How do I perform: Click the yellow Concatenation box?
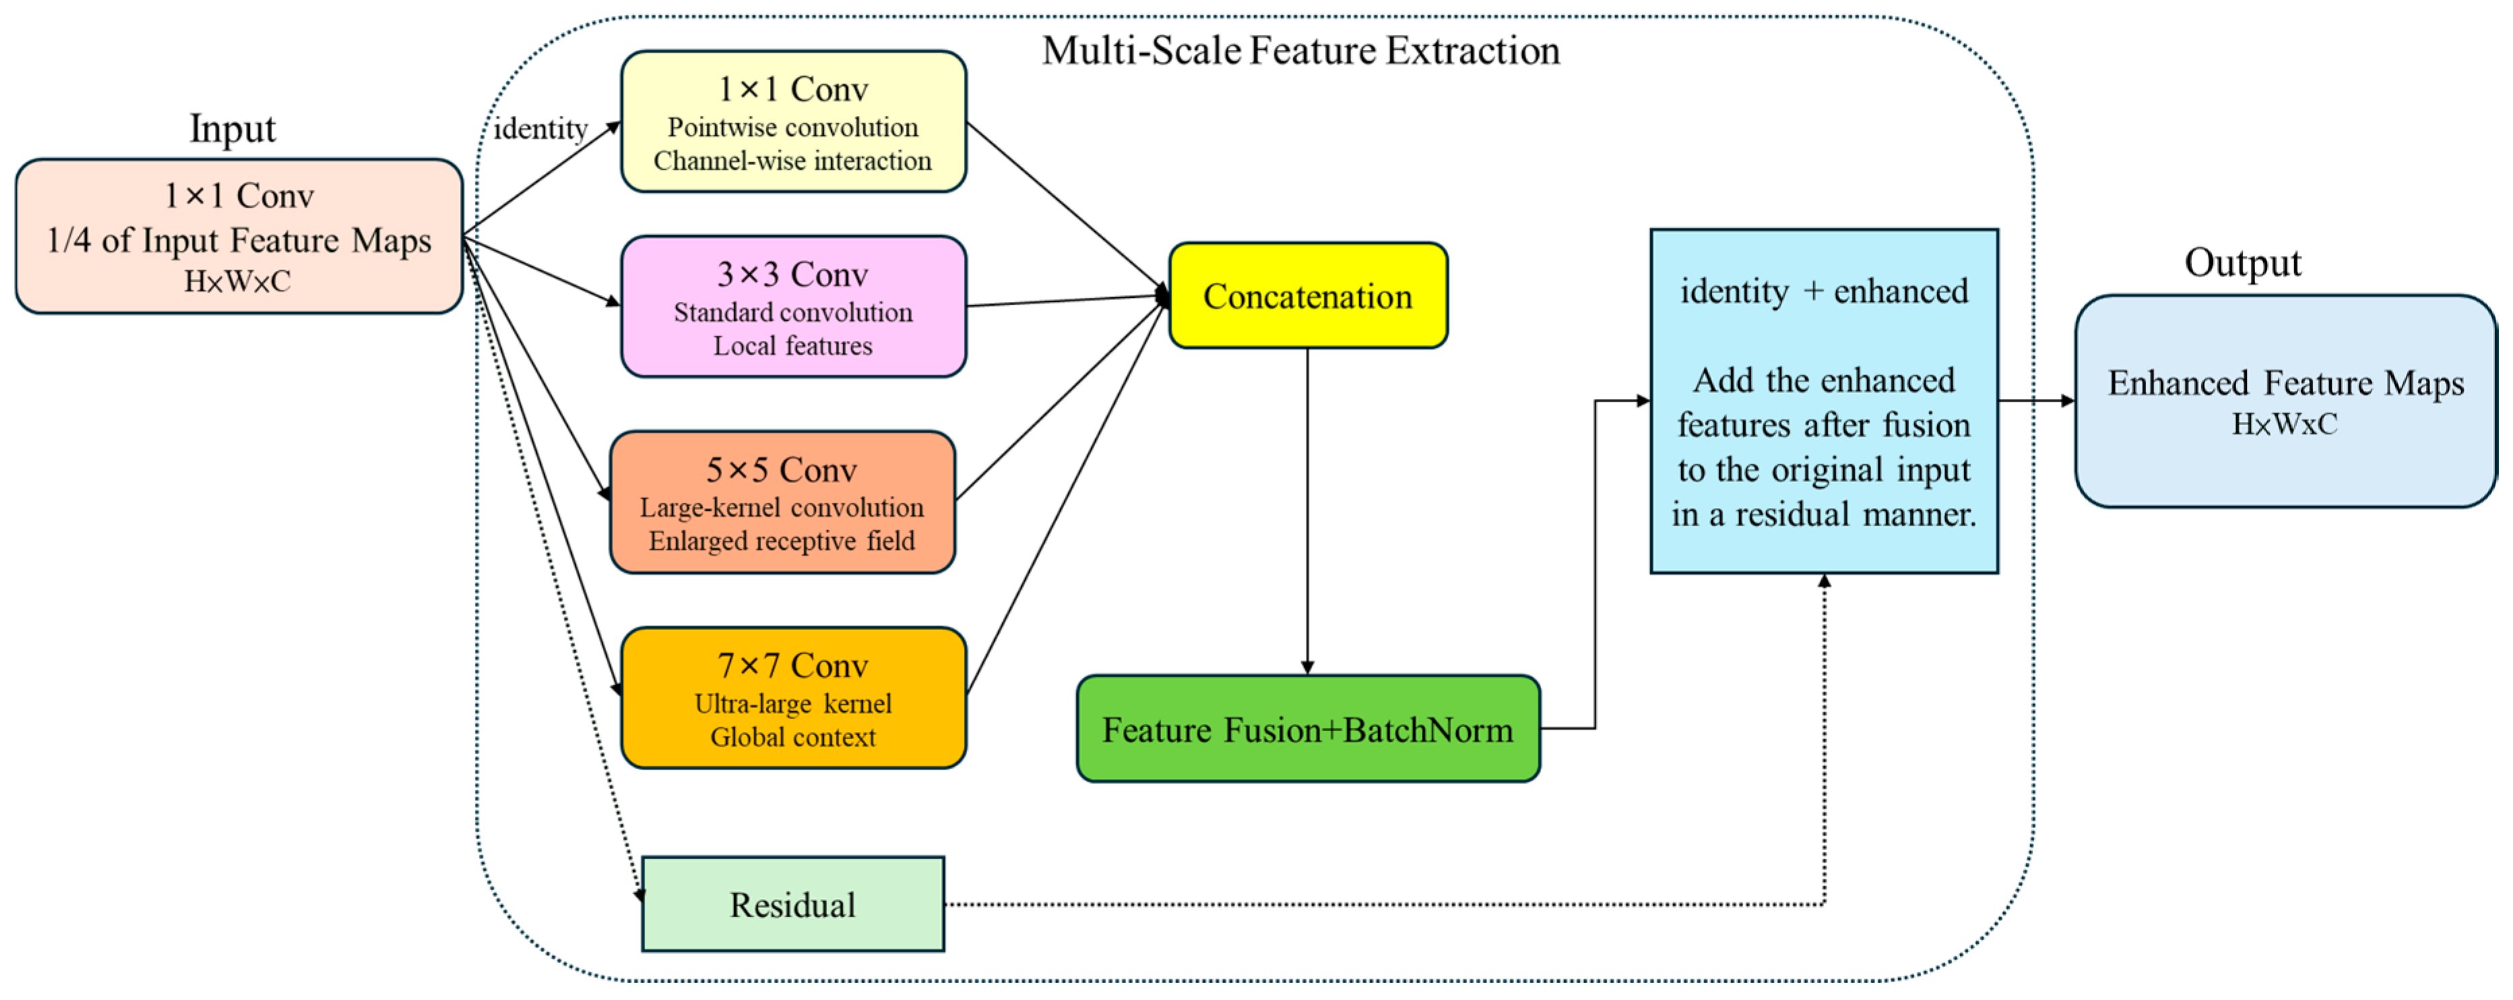1307,296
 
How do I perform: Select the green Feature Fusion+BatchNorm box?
1307,729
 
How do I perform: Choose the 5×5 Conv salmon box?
783,503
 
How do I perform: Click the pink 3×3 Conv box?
793,307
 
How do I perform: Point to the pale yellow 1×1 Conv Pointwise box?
793,122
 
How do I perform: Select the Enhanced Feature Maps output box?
2285,401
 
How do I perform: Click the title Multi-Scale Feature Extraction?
1301,50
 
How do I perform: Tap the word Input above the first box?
232,129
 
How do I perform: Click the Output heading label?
2243,262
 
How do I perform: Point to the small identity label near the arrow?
540,129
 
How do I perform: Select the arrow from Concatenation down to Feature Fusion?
1307,511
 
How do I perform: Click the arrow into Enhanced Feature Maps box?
2037,400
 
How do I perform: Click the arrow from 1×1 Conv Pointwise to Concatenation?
1068,209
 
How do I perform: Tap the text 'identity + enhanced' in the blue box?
1823,290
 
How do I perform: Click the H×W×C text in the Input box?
237,281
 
